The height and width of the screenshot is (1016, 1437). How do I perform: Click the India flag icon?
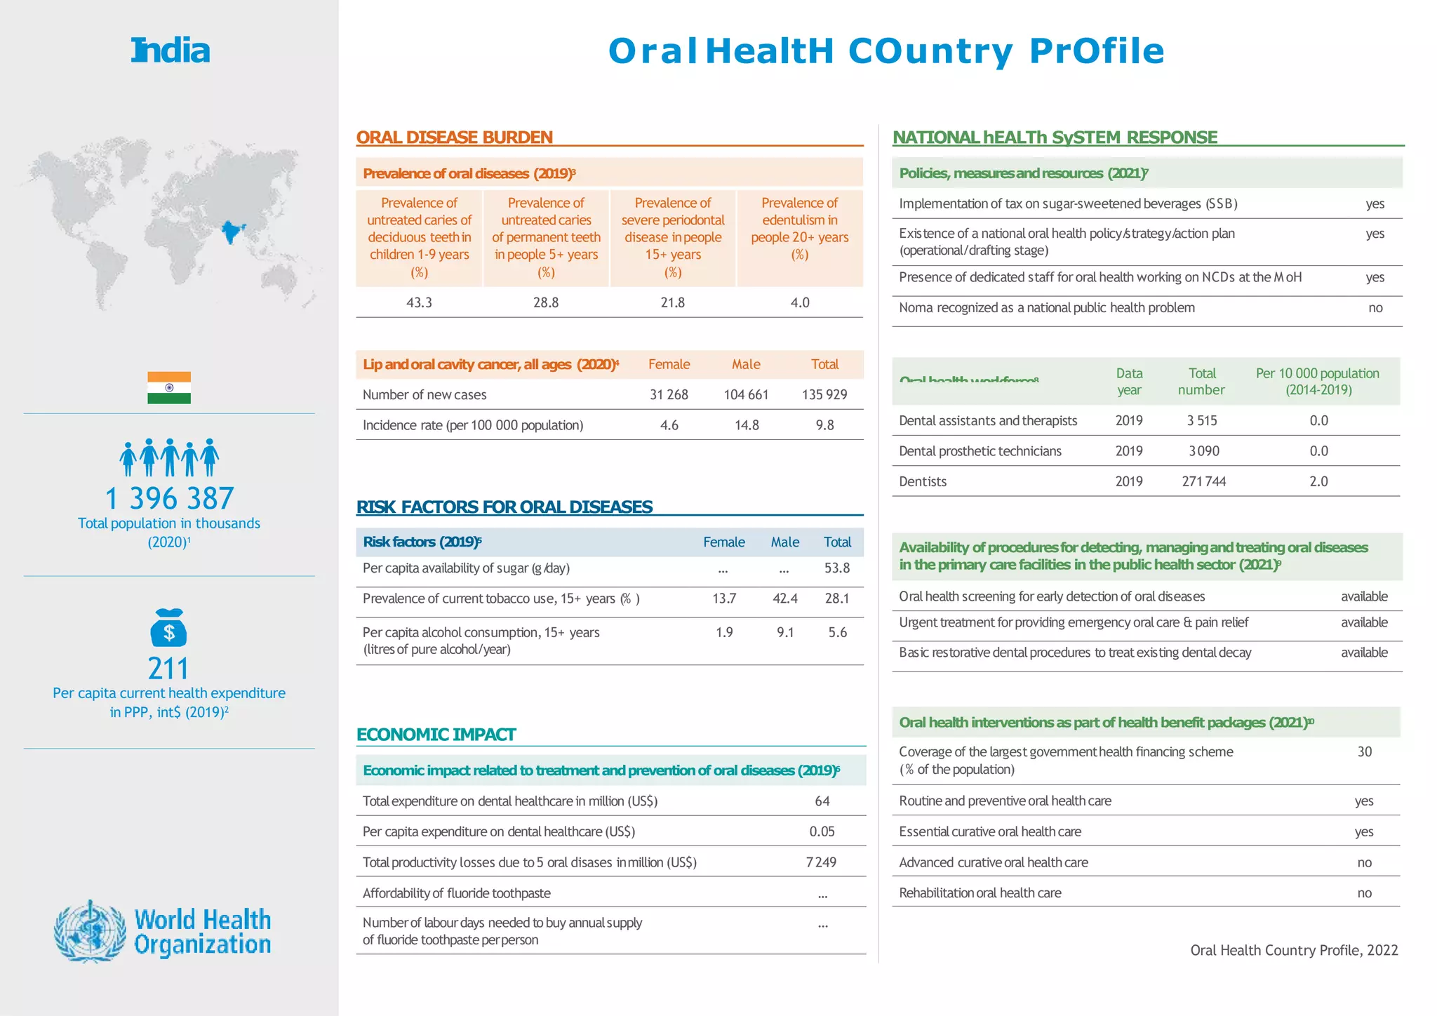click(169, 387)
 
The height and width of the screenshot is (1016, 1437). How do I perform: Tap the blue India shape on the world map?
click(232, 232)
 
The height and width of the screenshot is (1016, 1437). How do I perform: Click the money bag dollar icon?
click(168, 628)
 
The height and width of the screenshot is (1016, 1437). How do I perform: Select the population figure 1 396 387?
click(169, 499)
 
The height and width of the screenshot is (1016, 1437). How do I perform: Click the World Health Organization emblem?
click(89, 932)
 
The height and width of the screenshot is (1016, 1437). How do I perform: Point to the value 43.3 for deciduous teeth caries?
click(419, 302)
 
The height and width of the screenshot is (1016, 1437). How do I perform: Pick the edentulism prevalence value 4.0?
click(799, 302)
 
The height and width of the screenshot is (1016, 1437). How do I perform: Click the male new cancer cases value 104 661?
click(746, 394)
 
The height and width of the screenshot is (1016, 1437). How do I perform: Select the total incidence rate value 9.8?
click(824, 425)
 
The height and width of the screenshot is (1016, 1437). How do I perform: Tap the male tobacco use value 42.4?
click(784, 599)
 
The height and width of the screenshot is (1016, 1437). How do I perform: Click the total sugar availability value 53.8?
click(836, 568)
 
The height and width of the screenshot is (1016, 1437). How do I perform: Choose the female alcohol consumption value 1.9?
click(724, 632)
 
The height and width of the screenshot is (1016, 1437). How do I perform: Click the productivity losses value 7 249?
click(821, 862)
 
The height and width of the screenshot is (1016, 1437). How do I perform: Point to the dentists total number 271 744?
click(1203, 481)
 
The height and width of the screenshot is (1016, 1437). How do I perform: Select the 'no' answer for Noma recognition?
click(1375, 308)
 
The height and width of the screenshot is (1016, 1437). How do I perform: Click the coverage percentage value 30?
click(1364, 752)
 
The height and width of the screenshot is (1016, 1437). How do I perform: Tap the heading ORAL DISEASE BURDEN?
click(455, 138)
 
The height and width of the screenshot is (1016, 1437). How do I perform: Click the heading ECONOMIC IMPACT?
click(436, 735)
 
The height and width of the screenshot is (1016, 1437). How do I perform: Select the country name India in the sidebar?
click(171, 51)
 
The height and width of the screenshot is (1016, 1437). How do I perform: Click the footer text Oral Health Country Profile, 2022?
click(1294, 950)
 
